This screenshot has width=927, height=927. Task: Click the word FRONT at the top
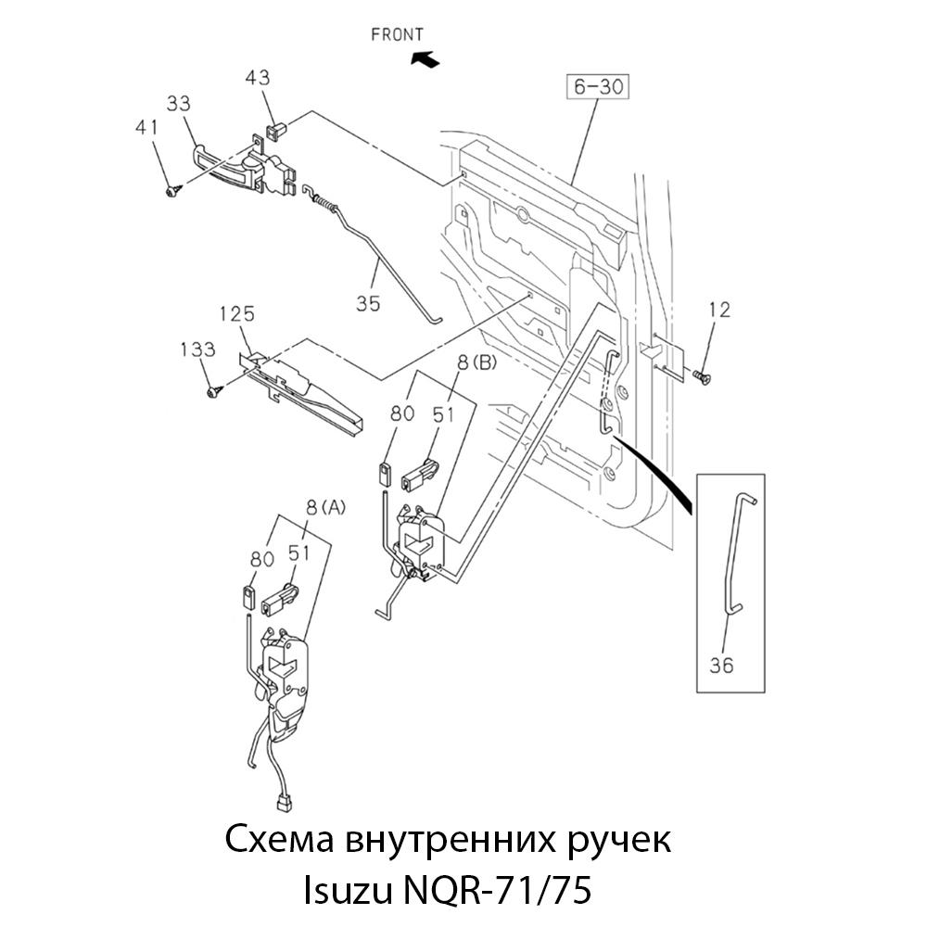coord(397,35)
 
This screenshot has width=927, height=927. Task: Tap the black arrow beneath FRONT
coord(425,59)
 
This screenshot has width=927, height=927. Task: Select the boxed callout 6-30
coord(598,88)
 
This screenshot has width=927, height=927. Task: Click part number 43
coord(259,81)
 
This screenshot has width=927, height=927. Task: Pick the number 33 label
coord(179,102)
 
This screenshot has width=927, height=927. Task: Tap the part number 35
coord(368,302)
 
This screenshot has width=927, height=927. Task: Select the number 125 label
coord(236,314)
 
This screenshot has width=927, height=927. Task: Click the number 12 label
coord(718,310)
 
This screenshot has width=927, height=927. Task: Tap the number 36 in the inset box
coord(722,666)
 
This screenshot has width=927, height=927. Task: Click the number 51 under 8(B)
coord(443,414)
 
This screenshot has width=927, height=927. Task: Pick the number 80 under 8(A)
coord(262,559)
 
